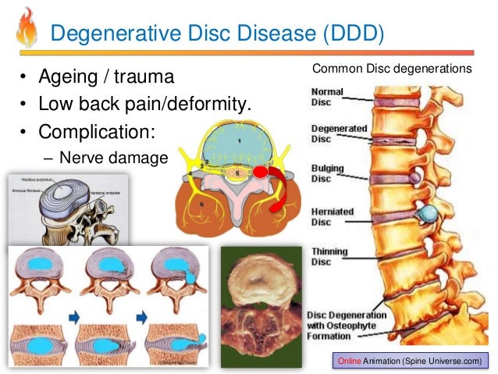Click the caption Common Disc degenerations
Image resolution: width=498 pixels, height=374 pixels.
coord(392,69)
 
